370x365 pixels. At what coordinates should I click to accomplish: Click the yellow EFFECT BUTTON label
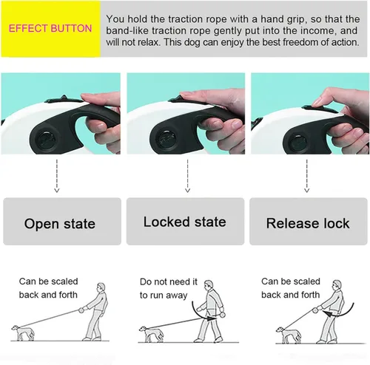pos(50,29)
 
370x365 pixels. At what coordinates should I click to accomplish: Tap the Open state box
pos(62,221)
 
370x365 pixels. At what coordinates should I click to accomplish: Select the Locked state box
pos(185,221)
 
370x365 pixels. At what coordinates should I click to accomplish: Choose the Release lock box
pos(309,221)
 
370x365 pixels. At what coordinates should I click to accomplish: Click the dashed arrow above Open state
pos(57,176)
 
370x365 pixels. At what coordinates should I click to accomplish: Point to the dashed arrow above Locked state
pos(187,176)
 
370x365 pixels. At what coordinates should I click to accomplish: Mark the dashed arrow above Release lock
pos(307,176)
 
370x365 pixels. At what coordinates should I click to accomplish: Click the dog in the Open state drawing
pos(23,333)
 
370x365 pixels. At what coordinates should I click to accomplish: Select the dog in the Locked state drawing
pos(151,334)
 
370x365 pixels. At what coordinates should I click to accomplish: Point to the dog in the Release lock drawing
pos(288,335)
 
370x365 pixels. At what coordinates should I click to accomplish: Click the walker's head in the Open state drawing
pos(101,287)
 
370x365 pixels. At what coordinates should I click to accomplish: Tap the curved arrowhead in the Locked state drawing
pos(212,318)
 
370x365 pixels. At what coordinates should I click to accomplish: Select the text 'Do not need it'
pos(169,282)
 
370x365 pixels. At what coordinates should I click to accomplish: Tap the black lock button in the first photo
pos(64,99)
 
